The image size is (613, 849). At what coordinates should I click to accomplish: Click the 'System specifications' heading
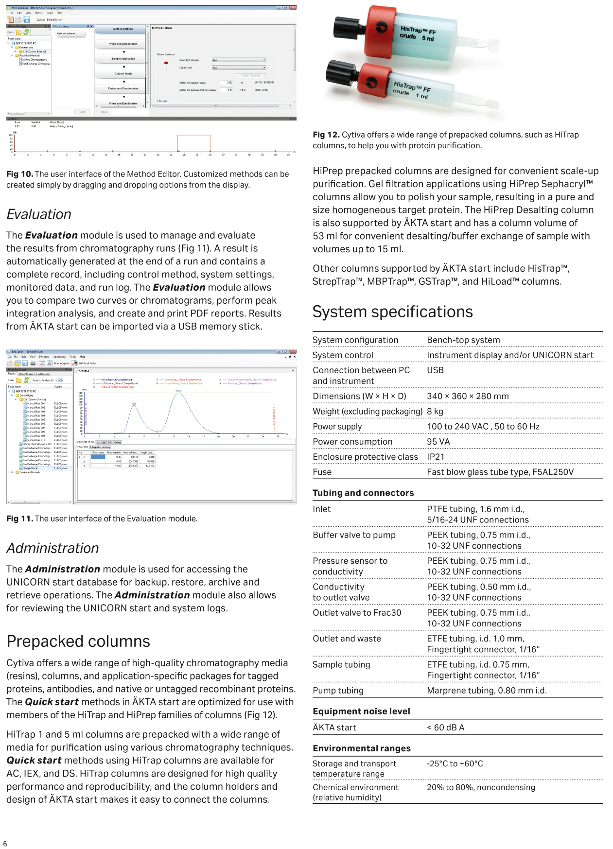coord(392,312)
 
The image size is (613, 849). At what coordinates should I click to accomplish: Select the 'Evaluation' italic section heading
coord(39,214)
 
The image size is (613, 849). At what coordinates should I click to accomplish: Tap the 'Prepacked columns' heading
coord(78,641)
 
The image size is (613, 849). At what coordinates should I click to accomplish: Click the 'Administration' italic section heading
coord(53,548)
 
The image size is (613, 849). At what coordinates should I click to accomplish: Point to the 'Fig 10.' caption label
coord(19,174)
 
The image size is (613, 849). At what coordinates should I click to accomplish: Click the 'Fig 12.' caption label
coord(326,135)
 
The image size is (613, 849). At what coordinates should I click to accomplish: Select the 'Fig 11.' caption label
coord(19,519)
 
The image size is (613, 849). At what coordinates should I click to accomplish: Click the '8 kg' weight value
coord(435,412)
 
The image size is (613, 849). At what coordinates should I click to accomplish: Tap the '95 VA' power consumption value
coord(438,442)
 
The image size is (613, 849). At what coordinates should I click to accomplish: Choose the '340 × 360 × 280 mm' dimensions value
coord(468,396)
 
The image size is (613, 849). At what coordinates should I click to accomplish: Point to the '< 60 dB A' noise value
coord(445,728)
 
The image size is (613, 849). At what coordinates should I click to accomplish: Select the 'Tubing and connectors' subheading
coord(363,493)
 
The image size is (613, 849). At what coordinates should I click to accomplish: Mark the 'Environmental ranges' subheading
coord(362,748)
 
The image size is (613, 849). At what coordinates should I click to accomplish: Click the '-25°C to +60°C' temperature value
coord(455,763)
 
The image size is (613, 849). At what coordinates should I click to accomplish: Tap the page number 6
coord(5,844)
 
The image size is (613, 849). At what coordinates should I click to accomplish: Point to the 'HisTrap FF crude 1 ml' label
coord(411,90)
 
